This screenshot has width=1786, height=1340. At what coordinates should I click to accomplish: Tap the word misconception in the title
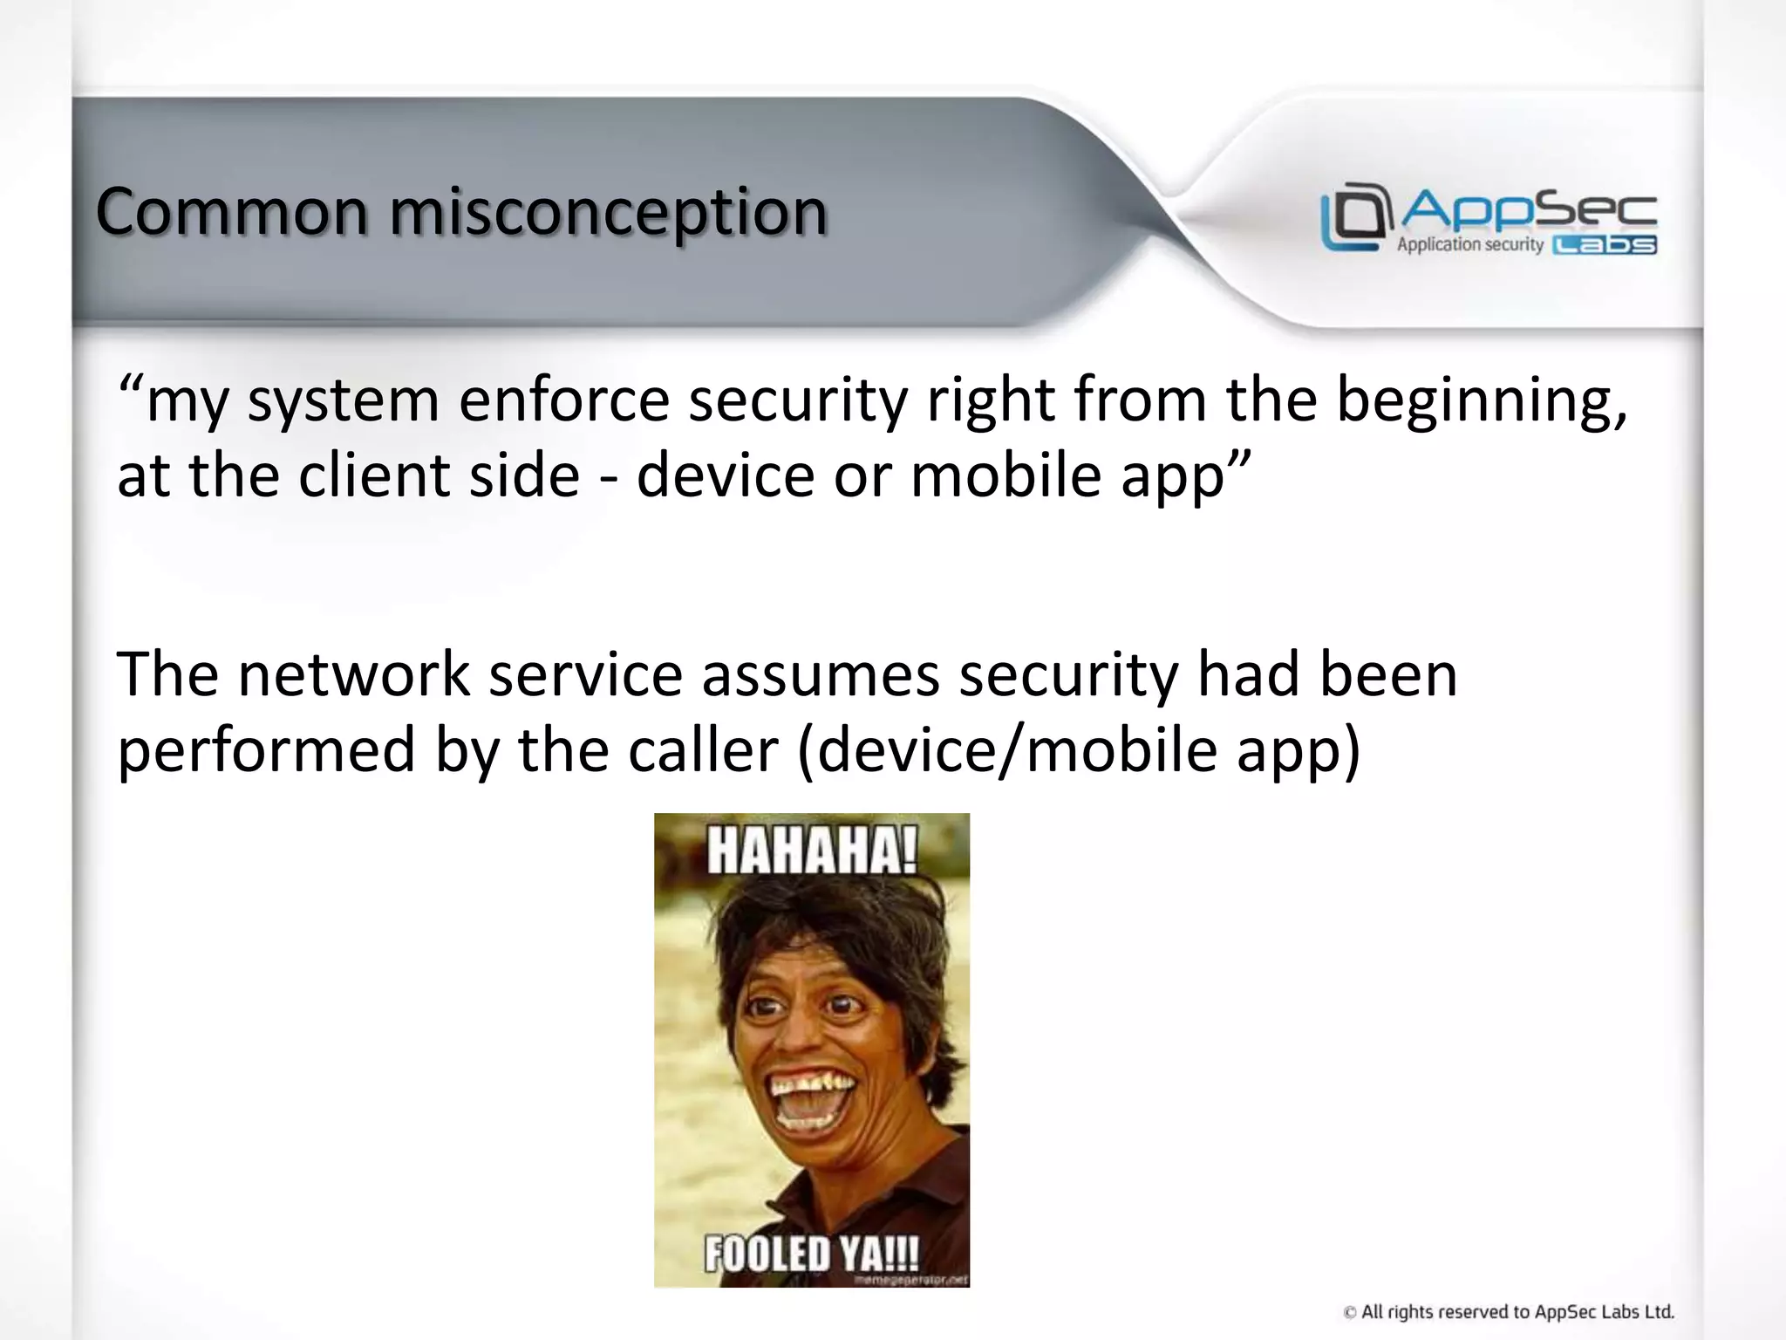pos(608,213)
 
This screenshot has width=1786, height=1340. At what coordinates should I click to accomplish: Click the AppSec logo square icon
pos(1354,216)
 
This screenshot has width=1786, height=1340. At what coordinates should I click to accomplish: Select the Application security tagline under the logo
pos(1469,245)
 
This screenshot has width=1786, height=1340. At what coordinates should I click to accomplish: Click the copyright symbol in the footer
pos(1350,1312)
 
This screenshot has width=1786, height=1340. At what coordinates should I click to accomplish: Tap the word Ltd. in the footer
pos(1657,1311)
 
